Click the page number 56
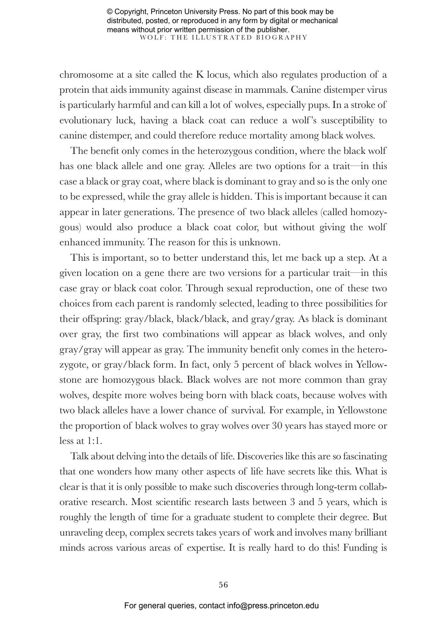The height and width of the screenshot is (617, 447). point(223,584)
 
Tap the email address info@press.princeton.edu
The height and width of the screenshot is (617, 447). point(273,606)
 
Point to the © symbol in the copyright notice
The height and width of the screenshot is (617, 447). point(110,12)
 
